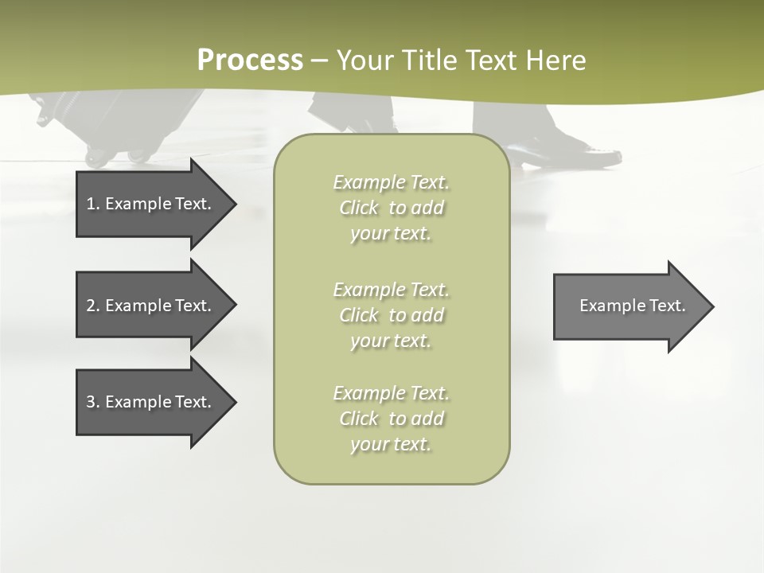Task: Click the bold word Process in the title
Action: (250, 60)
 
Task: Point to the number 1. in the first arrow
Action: (92, 204)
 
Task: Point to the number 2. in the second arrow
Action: (92, 306)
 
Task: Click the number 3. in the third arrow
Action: (92, 402)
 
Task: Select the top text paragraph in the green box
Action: (391, 208)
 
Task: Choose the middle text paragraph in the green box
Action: (391, 315)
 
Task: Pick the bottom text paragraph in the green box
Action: (391, 419)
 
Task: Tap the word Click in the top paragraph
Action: (359, 208)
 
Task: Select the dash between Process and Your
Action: (320, 61)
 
